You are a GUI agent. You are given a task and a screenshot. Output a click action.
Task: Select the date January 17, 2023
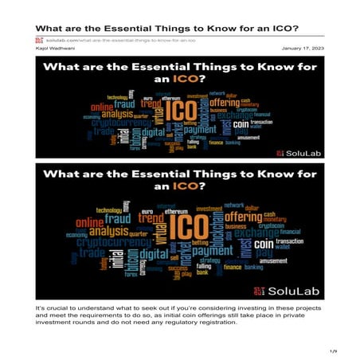click(303, 48)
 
